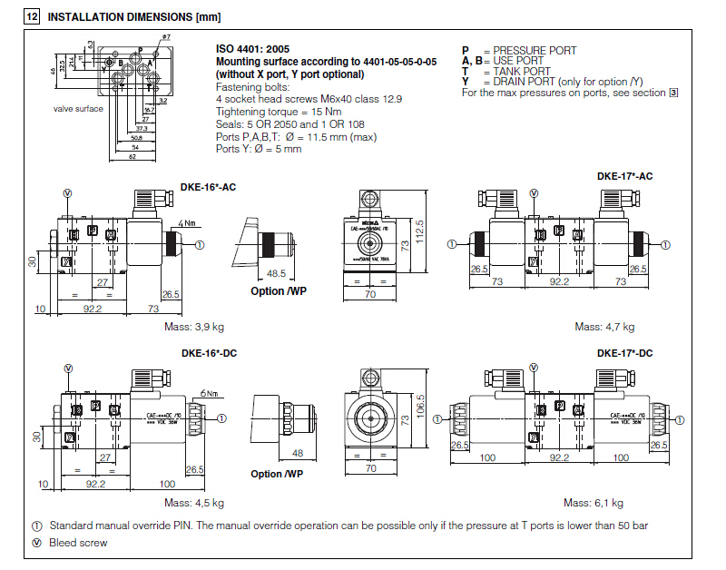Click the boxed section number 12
point(32,16)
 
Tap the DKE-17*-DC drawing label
point(624,353)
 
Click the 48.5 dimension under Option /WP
point(276,273)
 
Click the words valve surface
point(78,109)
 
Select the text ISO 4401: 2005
point(253,50)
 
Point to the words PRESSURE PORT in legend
point(535,51)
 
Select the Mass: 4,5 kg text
point(193,502)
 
